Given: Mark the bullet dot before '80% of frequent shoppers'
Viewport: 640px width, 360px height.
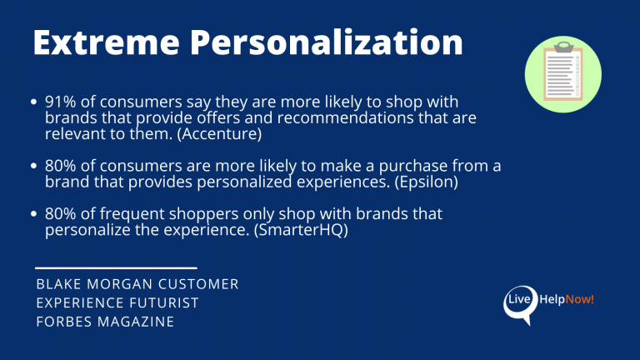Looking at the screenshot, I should pos(34,215).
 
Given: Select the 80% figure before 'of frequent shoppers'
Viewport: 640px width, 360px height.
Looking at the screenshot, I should pos(61,215).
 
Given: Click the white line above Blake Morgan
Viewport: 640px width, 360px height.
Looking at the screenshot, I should pos(116,267).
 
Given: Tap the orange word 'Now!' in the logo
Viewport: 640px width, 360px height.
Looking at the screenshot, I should pos(579,299).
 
